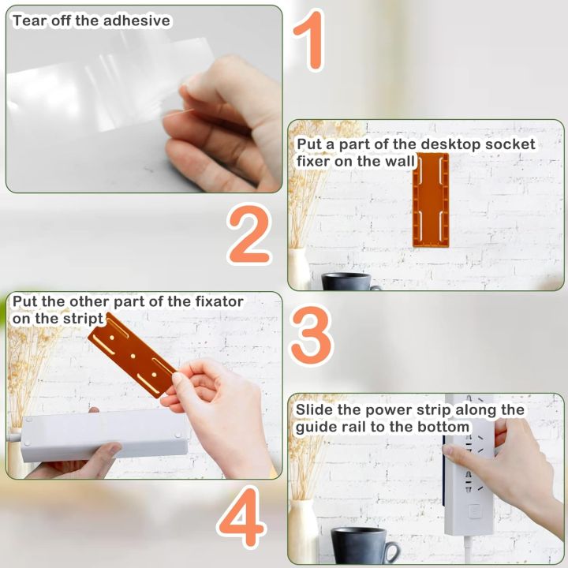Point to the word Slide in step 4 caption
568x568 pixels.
(315, 410)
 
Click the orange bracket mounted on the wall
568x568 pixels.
(431, 198)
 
